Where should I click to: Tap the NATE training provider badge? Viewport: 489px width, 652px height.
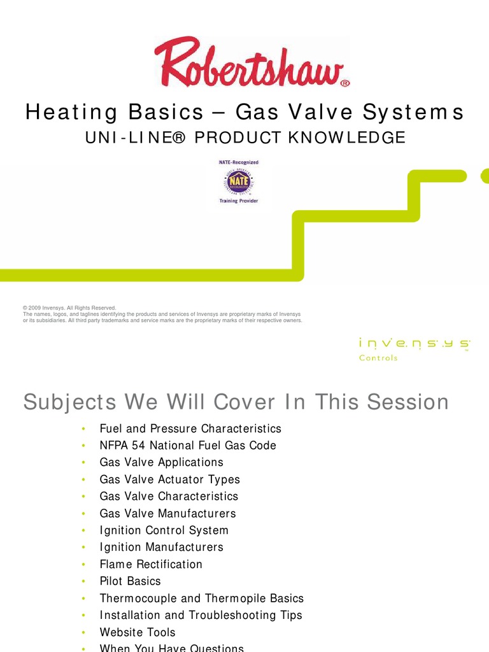tap(239, 181)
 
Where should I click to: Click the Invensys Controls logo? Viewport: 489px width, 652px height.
tap(414, 349)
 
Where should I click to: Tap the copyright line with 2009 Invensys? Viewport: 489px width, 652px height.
tap(70, 308)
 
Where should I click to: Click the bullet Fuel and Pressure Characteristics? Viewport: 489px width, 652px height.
tap(190, 429)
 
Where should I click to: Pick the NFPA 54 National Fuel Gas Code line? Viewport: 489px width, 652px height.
tap(188, 446)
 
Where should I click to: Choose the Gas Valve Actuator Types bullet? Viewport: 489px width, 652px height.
tap(170, 479)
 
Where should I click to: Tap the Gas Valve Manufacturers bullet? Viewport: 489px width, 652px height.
tap(167, 513)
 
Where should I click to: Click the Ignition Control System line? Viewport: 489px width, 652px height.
tap(164, 530)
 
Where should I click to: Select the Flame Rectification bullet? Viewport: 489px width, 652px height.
tap(151, 564)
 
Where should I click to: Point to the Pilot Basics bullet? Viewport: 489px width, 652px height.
tap(131, 581)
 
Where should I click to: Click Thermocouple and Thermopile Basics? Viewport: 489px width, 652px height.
tap(202, 599)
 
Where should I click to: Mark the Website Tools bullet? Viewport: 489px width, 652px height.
tap(138, 632)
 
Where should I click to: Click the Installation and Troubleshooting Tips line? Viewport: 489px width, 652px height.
tap(201, 615)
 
